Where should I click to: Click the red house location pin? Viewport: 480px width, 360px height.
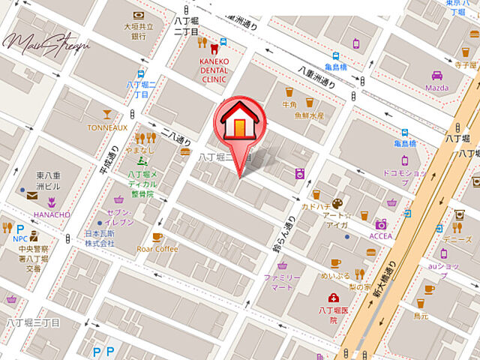238,124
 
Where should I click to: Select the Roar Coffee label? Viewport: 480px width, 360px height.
157,249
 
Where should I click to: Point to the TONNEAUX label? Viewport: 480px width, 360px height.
107,127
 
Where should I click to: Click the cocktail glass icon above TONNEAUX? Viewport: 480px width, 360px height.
107,114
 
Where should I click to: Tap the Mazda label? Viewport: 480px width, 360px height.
436,88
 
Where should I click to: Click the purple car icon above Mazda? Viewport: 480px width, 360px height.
436,75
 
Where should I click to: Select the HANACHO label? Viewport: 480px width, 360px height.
51,214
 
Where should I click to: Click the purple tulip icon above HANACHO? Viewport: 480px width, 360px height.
52,202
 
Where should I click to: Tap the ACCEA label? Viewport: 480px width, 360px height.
381,236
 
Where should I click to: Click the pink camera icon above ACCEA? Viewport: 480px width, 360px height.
381,224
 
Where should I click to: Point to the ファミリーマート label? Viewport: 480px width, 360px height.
282,283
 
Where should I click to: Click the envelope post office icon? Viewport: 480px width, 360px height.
32,196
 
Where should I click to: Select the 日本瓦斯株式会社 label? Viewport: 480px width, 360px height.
99,238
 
